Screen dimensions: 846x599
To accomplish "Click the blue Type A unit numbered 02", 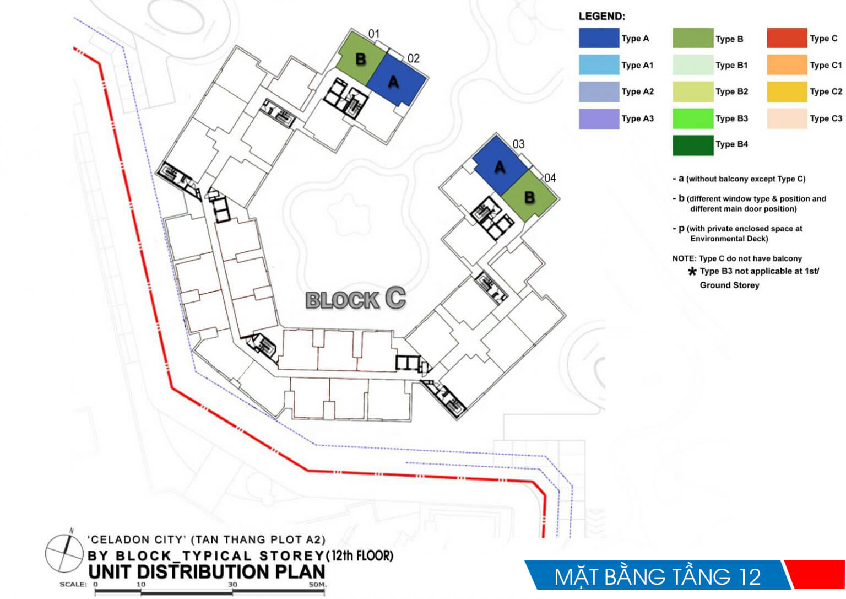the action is coord(397,79).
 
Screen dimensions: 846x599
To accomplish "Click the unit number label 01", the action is coord(374,34).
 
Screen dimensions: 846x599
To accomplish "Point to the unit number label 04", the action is coord(550,178).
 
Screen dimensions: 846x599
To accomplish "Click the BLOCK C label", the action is coord(355,299).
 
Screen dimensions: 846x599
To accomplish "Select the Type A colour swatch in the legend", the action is coord(599,38).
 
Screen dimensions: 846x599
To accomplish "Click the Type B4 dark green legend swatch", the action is coord(693,145).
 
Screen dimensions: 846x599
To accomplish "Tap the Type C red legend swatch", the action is coord(787,38).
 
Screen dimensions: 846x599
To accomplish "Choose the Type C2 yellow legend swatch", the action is coord(787,92).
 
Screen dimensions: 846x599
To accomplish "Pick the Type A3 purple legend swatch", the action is coord(599,119).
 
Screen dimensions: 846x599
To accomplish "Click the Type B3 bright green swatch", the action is coord(693,118).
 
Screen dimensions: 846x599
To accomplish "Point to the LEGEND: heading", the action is coord(602,16).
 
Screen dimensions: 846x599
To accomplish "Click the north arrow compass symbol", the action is coord(64,552).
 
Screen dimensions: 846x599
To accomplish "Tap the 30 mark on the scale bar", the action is coord(232,585).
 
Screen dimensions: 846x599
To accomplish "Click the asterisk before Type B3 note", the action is coord(692,271).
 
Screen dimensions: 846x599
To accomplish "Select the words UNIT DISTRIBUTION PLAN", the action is coord(207,572).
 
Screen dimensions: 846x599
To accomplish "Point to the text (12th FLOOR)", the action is coord(359,556).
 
